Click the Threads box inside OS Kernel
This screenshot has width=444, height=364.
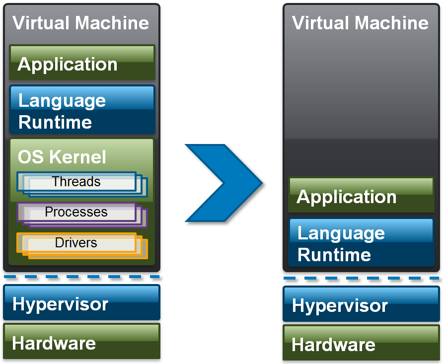(x=76, y=182)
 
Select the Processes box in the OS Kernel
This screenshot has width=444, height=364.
(x=76, y=212)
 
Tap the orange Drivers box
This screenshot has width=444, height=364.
(x=76, y=243)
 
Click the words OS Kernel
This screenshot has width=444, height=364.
(x=62, y=157)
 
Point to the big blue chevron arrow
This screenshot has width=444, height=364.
(x=223, y=183)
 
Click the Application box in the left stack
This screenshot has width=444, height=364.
(x=82, y=63)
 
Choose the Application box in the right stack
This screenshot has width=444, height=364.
(x=361, y=195)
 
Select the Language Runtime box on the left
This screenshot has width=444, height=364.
(x=82, y=110)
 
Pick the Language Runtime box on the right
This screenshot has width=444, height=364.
(x=361, y=243)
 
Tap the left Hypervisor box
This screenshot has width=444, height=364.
(x=82, y=302)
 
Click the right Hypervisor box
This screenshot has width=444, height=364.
(x=361, y=304)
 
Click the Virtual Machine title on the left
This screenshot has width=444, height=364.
(x=80, y=23)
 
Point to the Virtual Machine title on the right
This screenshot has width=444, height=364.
(x=360, y=23)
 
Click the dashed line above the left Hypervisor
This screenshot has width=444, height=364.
(x=82, y=277)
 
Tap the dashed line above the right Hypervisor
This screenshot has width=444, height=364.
(x=361, y=278)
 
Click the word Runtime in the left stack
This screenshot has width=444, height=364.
(x=55, y=122)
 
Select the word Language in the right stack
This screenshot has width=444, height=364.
(x=341, y=233)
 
